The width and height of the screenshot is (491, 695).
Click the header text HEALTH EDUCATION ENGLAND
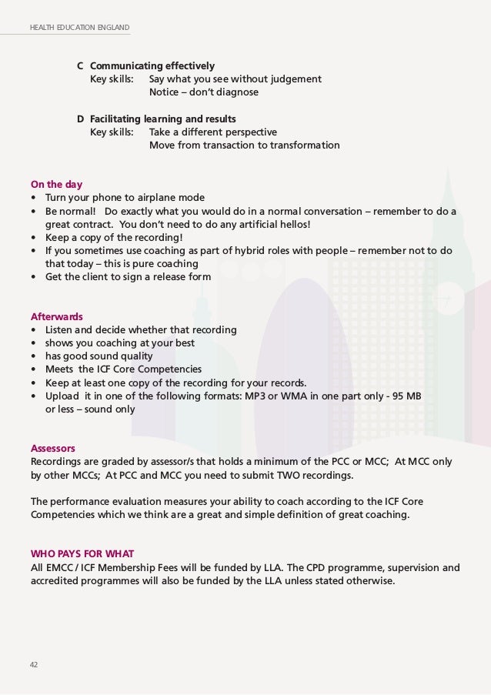pos(79,28)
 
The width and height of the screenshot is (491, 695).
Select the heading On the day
pos(56,185)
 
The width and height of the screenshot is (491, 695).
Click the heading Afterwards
pos(56,316)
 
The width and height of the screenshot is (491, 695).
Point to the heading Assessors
pos(53,448)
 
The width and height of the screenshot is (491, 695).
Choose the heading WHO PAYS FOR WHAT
pos(81,553)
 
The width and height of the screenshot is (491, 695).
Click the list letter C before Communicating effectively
pos(81,65)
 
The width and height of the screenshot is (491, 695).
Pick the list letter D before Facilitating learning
pos(81,119)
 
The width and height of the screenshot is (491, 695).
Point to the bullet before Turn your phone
pos(34,198)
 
